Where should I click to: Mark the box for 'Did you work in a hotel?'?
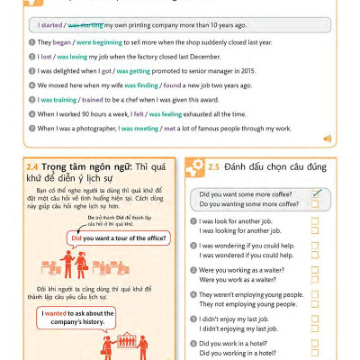pyautogui.click(x=315, y=344)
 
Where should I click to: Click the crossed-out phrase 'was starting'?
pyautogui.click(x=87, y=25)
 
